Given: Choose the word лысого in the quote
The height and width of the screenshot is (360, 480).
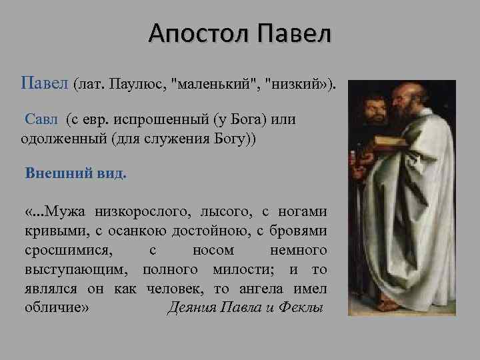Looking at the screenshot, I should click(221, 212).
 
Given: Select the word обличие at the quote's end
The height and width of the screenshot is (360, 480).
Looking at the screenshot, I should click(55, 308).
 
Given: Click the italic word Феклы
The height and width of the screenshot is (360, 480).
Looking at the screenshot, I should click(300, 308).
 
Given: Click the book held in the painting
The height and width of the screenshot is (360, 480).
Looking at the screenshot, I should click(390, 142).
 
